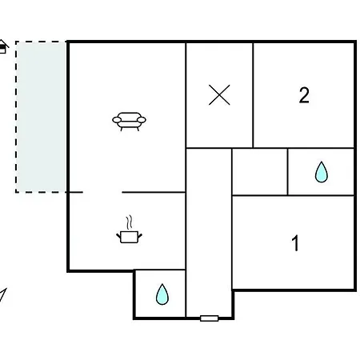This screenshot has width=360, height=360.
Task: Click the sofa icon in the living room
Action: pyautogui.click(x=129, y=122)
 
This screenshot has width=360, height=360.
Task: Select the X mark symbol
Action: pyautogui.click(x=219, y=94)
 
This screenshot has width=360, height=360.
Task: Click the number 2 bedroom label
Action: pyautogui.click(x=304, y=95)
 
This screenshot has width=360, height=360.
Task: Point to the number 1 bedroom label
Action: pyautogui.click(x=295, y=243)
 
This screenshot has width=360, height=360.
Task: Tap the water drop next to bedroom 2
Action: pyautogui.click(x=322, y=172)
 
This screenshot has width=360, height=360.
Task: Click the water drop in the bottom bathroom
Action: pyautogui.click(x=162, y=294)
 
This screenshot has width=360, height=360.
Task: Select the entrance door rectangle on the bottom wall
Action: pyautogui.click(x=210, y=318)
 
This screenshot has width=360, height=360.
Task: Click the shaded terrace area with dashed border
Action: pyautogui.click(x=41, y=117)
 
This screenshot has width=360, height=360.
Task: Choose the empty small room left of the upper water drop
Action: pyautogui.click(x=260, y=172)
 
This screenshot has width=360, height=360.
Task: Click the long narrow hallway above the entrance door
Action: pyautogui.click(x=209, y=232)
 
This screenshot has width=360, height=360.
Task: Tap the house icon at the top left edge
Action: pyautogui.click(x=3, y=46)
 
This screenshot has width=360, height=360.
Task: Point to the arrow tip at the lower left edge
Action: pyautogui.click(x=6, y=289)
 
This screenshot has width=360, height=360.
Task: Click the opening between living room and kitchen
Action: pyautogui.click(x=102, y=192)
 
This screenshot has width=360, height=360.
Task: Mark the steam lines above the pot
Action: pyautogui.click(x=130, y=222)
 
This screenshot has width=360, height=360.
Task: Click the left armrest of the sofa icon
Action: pyautogui.click(x=117, y=120)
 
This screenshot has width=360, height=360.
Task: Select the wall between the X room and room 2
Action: pyautogui.click(x=253, y=95)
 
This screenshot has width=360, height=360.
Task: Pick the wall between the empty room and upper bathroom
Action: pyautogui.click(x=287, y=172)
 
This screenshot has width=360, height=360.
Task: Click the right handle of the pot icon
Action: pyautogui.click(x=140, y=236)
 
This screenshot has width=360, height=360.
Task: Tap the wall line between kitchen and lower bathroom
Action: pyautogui.click(x=160, y=270)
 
